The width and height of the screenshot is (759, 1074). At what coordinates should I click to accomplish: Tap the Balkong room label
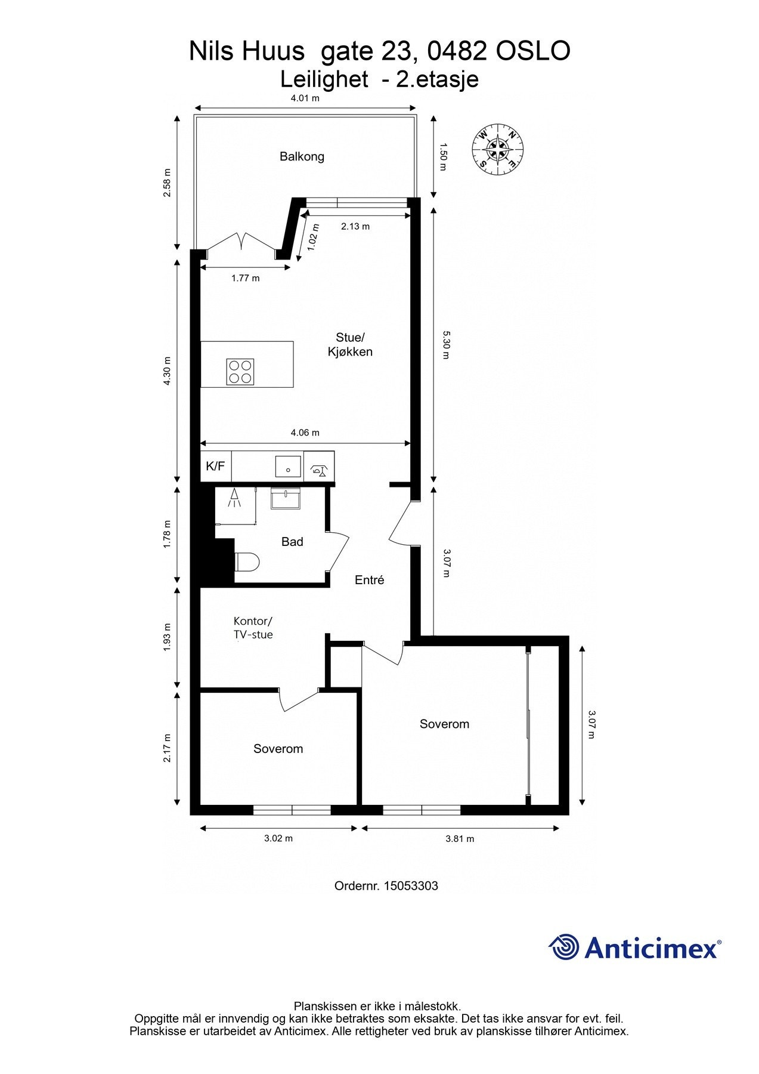(302, 157)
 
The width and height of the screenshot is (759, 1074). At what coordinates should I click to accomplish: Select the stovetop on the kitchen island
(240, 372)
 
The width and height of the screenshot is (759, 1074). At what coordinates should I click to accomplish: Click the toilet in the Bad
(247, 561)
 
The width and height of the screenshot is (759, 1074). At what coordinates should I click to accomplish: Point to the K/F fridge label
(215, 466)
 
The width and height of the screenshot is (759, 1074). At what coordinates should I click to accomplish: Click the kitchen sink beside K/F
(288, 466)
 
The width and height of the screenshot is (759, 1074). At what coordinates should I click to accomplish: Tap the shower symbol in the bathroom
(235, 498)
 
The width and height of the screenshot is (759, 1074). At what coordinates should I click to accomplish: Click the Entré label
(369, 580)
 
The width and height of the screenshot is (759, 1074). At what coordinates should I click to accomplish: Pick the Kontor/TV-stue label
(253, 628)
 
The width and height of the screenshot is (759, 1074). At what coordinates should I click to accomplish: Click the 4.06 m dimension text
(305, 433)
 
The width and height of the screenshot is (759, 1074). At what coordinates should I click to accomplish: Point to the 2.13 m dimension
(355, 227)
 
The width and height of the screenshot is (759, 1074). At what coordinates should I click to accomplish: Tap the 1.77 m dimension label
(246, 278)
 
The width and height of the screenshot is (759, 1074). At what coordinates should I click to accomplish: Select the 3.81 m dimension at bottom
(460, 839)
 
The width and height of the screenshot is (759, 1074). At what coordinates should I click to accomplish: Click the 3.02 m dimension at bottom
(278, 838)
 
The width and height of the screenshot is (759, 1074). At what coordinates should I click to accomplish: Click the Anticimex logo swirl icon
(564, 947)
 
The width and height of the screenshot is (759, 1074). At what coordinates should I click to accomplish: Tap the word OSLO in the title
(533, 51)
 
